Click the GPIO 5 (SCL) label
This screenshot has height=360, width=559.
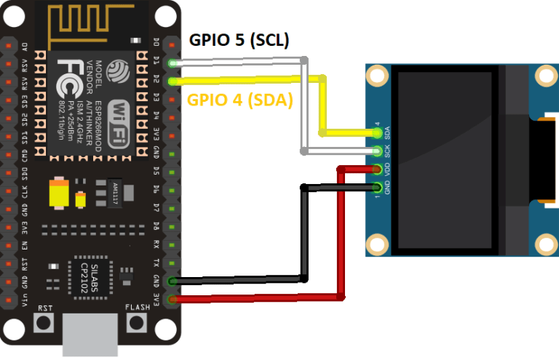click(x=240, y=41)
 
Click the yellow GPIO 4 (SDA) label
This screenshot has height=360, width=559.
click(x=240, y=101)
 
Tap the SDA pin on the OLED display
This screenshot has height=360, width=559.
click(x=376, y=133)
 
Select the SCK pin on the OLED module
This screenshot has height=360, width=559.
click(x=376, y=151)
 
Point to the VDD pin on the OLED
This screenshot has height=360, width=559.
click(x=376, y=170)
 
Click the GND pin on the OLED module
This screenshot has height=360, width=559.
click(x=376, y=188)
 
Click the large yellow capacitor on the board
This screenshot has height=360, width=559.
click(x=58, y=193)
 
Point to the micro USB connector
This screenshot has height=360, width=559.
click(x=90, y=335)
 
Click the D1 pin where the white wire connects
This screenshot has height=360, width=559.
click(x=173, y=63)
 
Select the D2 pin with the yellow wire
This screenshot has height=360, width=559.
click(x=173, y=81)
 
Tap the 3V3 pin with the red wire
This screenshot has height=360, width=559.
click(x=173, y=298)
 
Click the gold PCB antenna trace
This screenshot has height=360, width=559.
click(x=87, y=22)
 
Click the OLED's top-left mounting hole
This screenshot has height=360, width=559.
click(x=377, y=75)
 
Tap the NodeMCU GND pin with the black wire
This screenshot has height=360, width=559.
click(x=173, y=281)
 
